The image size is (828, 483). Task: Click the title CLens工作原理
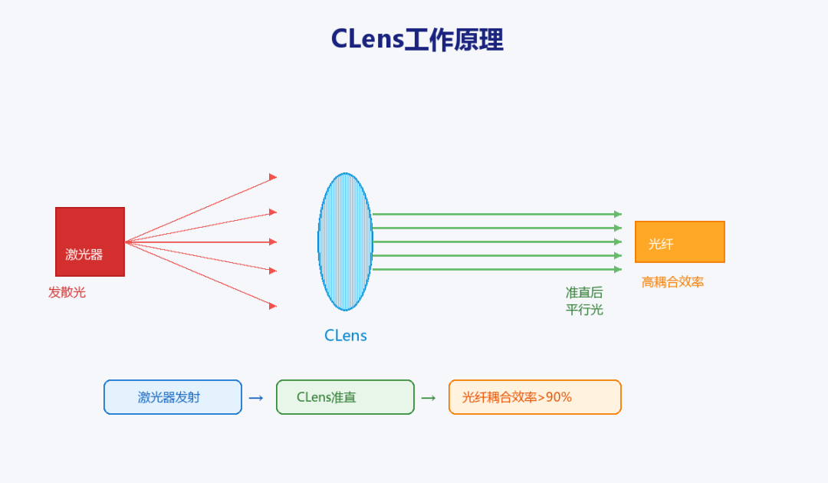pyautogui.click(x=417, y=40)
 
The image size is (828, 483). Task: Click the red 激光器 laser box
pyautogui.click(x=90, y=242)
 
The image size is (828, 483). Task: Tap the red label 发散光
pyautogui.click(x=67, y=292)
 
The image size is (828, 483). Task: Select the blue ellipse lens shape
pyautogui.click(x=345, y=242)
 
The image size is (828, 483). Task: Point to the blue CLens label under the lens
pyautogui.click(x=345, y=336)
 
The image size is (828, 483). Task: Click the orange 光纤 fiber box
pyautogui.click(x=679, y=242)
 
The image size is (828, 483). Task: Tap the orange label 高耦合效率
pyautogui.click(x=673, y=282)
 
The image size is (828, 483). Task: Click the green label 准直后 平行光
pyautogui.click(x=584, y=301)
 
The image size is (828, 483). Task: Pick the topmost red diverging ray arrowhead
pyautogui.click(x=273, y=177)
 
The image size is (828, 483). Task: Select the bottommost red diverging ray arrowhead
pyautogui.click(x=273, y=306)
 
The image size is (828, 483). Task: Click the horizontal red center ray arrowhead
pyautogui.click(x=273, y=242)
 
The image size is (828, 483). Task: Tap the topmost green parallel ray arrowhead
pyautogui.click(x=618, y=215)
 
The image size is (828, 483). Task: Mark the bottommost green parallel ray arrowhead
pyautogui.click(x=618, y=269)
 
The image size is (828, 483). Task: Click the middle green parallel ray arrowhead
pyautogui.click(x=618, y=242)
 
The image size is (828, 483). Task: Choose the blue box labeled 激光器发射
pyautogui.click(x=172, y=397)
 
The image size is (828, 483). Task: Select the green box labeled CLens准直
pyautogui.click(x=345, y=397)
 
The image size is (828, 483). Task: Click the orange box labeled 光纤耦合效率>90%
pyautogui.click(x=535, y=397)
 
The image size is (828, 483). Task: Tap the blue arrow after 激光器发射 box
pyautogui.click(x=256, y=398)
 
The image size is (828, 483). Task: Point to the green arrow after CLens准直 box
pyautogui.click(x=429, y=398)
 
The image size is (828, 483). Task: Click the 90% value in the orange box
pyautogui.click(x=559, y=397)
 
